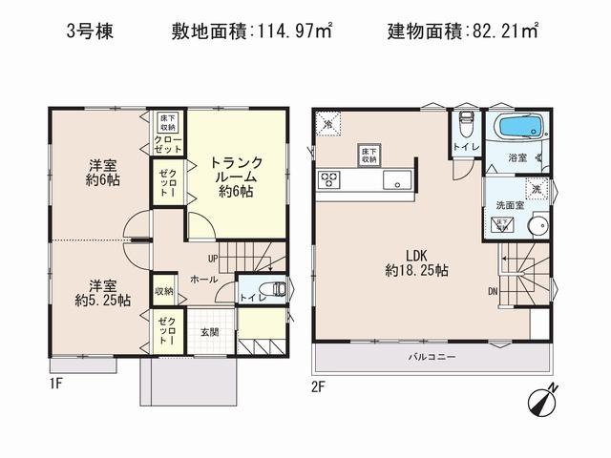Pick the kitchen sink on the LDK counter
tap(395, 179)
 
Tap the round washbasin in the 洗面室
tap(537, 225)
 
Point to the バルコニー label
tap(432, 357)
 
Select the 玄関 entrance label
tap(210, 332)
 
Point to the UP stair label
tap(214, 258)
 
